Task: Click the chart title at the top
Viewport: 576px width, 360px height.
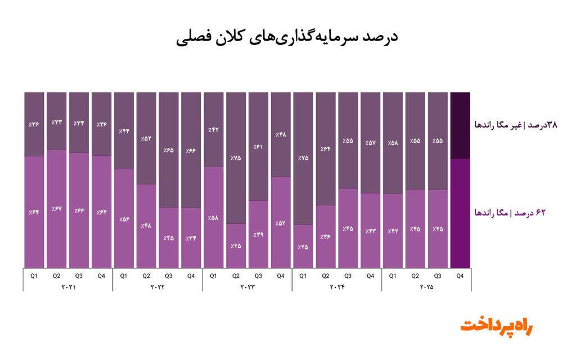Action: point(287,38)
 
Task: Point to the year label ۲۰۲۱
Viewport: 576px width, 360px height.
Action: point(67,287)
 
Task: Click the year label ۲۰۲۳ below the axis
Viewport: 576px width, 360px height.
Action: point(247,287)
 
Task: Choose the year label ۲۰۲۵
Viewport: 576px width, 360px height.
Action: point(426,287)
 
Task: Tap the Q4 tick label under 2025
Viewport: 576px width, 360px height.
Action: point(460,276)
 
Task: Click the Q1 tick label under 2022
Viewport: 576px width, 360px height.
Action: point(124,276)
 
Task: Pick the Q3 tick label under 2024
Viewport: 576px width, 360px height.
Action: point(348,276)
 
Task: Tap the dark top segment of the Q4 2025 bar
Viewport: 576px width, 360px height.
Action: point(460,125)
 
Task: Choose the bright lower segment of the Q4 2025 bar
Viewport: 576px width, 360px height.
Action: point(460,214)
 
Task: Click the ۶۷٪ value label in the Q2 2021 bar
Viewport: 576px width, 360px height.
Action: point(56,209)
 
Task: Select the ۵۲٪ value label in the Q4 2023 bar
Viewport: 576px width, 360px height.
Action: point(281,223)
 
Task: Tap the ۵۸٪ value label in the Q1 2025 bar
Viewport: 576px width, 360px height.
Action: point(393,142)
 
